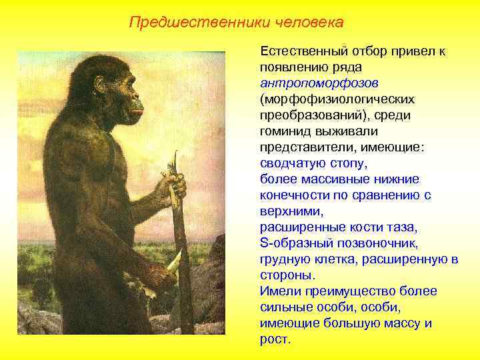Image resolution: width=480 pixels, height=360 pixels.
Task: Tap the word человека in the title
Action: pos(310,23)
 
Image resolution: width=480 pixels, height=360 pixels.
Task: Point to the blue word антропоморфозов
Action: pos(319,83)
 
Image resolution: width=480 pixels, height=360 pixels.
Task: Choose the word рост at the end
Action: pos(275,339)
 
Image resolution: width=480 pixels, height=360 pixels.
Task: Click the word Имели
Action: pos(279,291)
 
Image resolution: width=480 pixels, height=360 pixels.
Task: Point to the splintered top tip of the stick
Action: pos(176,155)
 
